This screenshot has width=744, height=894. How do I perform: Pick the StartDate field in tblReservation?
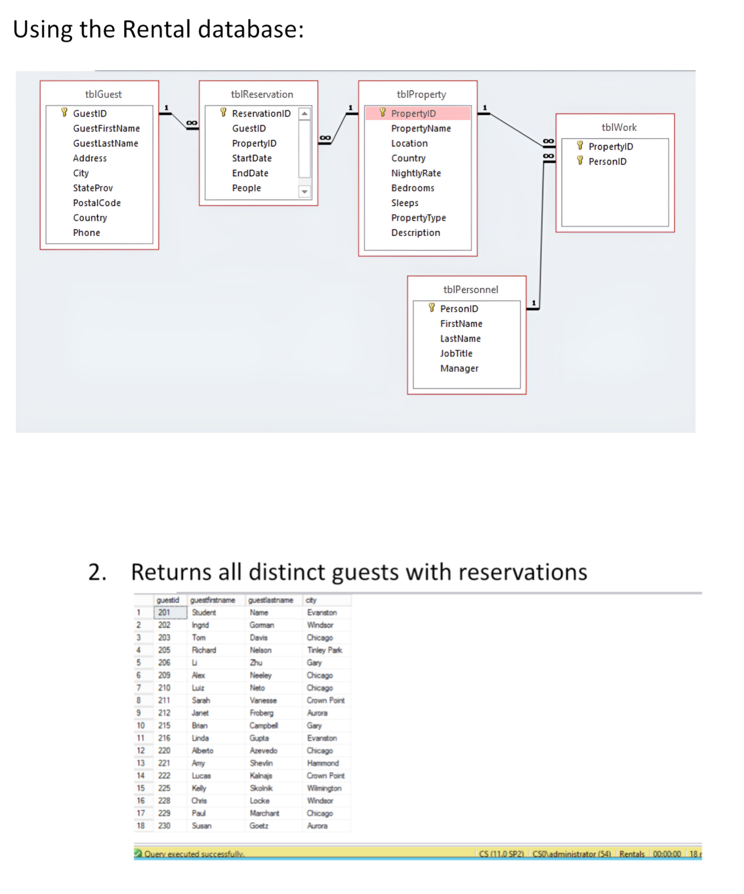251,158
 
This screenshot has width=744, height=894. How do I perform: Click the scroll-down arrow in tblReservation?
304,191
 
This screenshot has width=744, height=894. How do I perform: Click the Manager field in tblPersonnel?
459,368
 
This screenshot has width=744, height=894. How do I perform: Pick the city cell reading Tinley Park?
324,650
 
